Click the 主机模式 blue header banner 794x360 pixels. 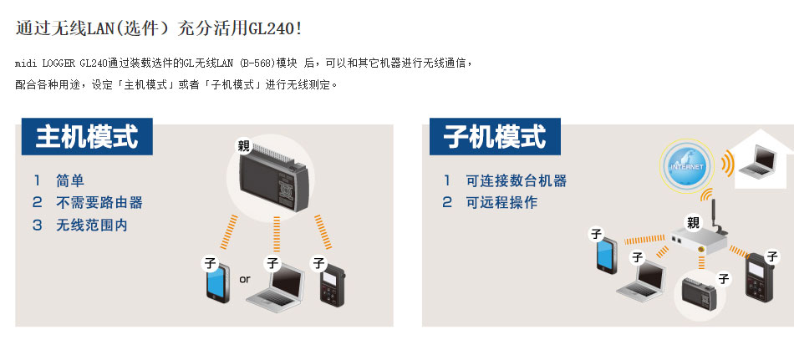coord(87,136)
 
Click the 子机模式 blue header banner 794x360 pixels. coord(495,136)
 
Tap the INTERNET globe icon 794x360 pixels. coord(687,166)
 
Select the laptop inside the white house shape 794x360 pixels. coord(757,161)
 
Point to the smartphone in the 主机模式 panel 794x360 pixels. coord(218,282)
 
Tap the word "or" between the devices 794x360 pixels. coord(245,279)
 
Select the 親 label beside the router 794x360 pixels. coord(693,222)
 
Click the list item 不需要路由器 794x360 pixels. coord(99,202)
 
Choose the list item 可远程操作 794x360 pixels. coord(501,202)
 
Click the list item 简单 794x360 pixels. coord(70,180)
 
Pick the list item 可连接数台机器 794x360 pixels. coord(516,180)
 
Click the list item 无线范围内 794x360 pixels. coord(92,225)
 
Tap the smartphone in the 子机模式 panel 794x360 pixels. coord(607,256)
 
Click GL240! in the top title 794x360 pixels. coord(275,28)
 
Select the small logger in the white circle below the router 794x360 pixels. coord(698,294)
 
